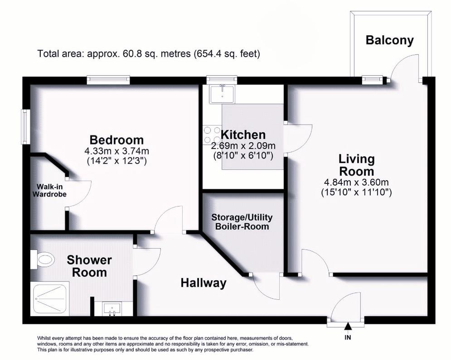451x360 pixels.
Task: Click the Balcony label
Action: click(390, 40)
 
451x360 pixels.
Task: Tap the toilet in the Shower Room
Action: click(44, 260)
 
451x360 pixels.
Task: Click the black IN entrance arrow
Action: click(348, 326)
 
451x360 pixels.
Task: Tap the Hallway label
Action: click(203, 283)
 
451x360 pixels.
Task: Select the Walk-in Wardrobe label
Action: click(52, 190)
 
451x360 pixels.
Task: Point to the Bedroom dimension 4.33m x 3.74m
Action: click(116, 151)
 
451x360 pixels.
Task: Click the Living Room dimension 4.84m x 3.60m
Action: click(356, 182)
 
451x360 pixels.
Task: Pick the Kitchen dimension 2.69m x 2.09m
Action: click(243, 146)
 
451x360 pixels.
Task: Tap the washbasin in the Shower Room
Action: click(111, 309)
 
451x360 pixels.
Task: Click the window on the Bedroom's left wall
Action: click(27, 127)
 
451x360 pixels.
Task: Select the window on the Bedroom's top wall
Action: click(109, 80)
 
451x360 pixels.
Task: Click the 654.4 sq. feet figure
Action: click(227, 54)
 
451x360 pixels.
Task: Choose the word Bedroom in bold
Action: click(116, 139)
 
